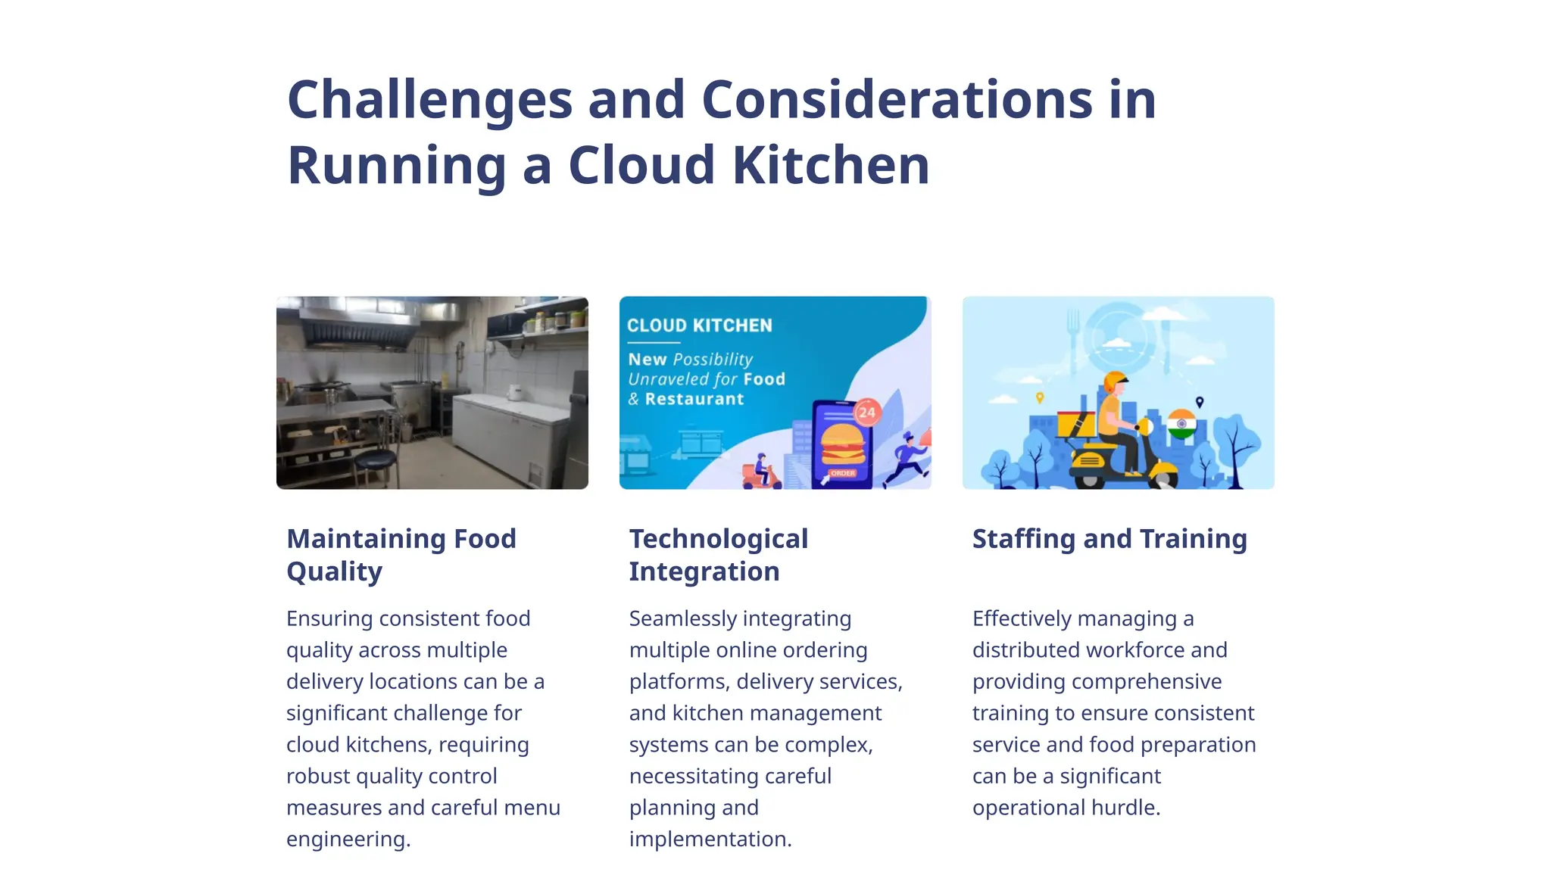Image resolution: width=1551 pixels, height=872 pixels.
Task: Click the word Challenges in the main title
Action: pos(429,100)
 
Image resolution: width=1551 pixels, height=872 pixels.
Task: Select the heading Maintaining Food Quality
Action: pos(401,555)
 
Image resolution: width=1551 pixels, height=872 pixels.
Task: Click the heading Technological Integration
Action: pos(718,555)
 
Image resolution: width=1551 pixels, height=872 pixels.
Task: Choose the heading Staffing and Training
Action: pos(1109,539)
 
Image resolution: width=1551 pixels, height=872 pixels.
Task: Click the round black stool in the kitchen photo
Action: pos(376,460)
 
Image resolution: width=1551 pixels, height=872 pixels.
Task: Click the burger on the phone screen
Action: pos(842,444)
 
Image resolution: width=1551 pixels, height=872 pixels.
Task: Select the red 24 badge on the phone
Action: pos(867,413)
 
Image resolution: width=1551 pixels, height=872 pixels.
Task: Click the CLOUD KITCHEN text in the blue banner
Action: pos(699,325)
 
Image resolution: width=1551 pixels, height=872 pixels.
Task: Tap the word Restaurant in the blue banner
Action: pos(694,399)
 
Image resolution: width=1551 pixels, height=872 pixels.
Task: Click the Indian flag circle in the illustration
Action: pos(1181,423)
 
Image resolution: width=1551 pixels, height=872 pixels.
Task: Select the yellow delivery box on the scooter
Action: pos(1075,425)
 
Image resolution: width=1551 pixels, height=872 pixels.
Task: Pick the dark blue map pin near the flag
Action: pos(1199,402)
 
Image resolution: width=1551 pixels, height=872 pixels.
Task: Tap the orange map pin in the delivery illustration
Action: pos(1040,397)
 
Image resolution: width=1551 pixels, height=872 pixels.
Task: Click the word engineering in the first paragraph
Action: pos(348,839)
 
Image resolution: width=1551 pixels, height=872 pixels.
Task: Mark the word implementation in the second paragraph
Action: pos(710,839)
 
